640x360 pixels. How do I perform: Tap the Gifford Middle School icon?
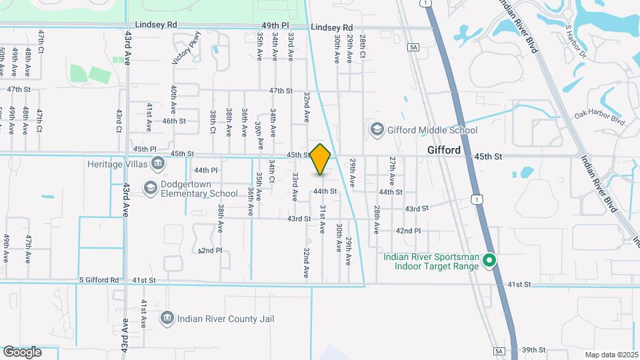tap(377, 129)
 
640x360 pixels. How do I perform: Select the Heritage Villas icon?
tap(158, 163)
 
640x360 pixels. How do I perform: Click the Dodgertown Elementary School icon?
tap(150, 188)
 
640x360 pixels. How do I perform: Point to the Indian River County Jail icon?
tap(167, 318)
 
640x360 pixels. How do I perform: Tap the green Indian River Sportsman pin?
tap(489, 261)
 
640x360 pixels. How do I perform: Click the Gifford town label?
tap(443, 150)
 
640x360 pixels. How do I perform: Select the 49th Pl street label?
tap(275, 25)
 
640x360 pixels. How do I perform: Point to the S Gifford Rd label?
tap(99, 281)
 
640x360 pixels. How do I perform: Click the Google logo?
tap(22, 351)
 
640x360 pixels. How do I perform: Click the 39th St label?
tap(533, 349)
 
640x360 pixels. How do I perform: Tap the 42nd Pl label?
tap(408, 231)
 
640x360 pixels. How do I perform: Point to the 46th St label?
tap(173, 121)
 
